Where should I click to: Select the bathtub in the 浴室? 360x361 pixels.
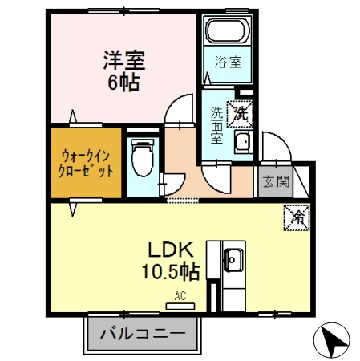click(x=228, y=32)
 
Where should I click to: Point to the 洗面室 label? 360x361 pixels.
click(x=217, y=124)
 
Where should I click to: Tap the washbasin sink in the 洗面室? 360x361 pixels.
click(x=242, y=144)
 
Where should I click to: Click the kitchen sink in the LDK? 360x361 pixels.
click(x=233, y=259)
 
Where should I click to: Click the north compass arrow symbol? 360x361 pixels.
click(x=333, y=340)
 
